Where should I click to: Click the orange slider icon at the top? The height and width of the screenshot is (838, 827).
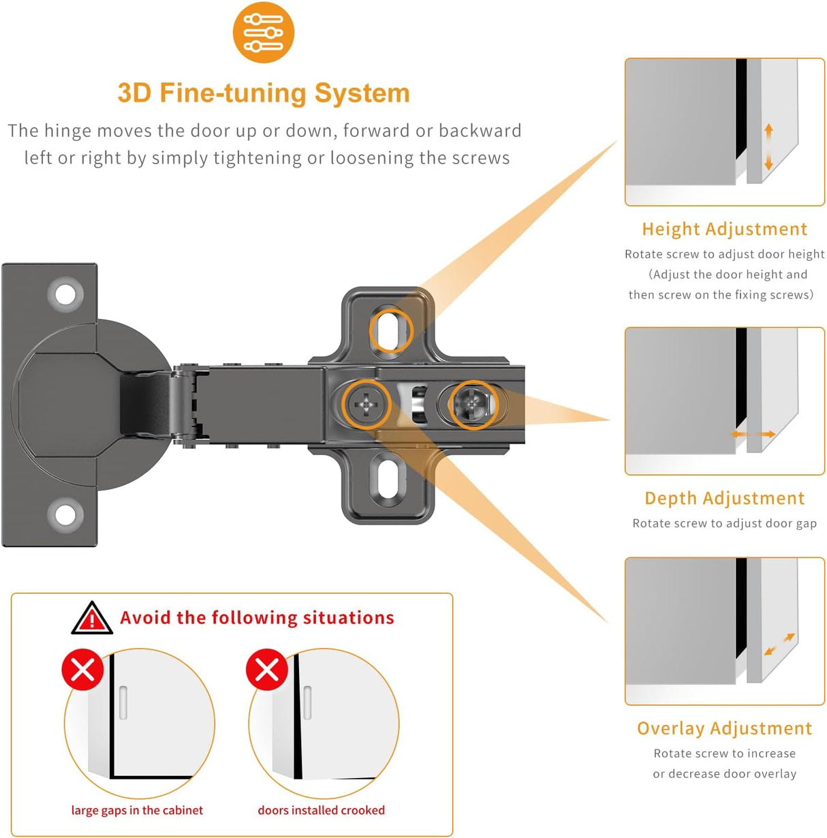(x=263, y=32)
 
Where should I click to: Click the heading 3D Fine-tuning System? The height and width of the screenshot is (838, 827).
(x=264, y=93)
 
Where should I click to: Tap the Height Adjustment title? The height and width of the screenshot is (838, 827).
(x=724, y=229)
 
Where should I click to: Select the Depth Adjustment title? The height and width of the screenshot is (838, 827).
(x=724, y=498)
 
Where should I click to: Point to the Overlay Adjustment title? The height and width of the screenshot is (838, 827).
(x=724, y=728)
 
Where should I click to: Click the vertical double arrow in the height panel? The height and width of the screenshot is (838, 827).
(x=768, y=146)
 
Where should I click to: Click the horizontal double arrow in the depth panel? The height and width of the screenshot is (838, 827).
(x=753, y=434)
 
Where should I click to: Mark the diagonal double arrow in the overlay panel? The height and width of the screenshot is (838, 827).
(x=779, y=645)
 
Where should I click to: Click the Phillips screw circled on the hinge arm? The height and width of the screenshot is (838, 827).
(x=366, y=405)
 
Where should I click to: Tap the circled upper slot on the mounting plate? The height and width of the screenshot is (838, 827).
(x=391, y=330)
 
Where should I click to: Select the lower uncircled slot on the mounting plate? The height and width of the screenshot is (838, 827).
(x=387, y=480)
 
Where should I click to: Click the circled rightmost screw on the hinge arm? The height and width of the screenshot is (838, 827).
(x=474, y=405)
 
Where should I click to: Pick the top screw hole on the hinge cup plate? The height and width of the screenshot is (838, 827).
(x=65, y=295)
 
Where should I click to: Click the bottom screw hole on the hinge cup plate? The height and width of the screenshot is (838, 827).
(x=65, y=514)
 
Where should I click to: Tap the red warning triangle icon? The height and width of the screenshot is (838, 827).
(x=92, y=619)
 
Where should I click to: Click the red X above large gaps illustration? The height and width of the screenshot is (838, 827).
(x=83, y=670)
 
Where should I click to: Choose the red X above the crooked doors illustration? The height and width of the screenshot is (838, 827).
(x=267, y=670)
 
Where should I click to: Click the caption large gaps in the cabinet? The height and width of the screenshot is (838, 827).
(x=137, y=810)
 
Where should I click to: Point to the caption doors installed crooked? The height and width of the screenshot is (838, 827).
(x=321, y=810)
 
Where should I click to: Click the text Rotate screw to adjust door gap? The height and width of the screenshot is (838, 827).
(x=724, y=523)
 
